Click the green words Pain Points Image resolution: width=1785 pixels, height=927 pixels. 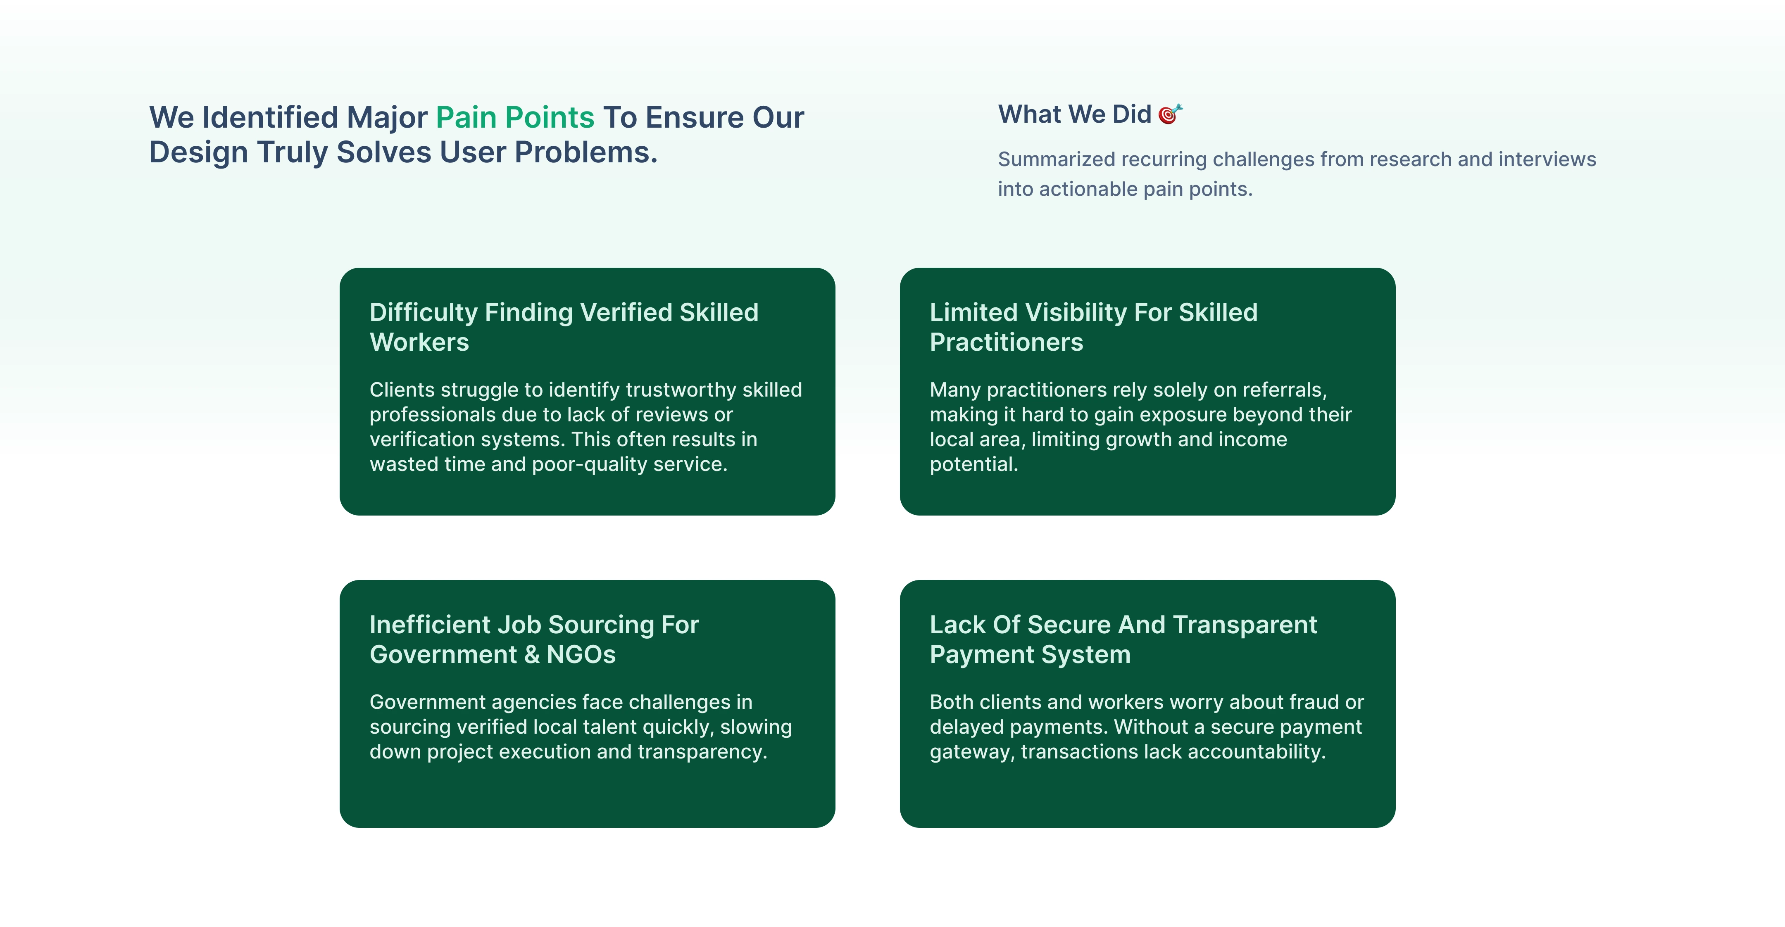515,118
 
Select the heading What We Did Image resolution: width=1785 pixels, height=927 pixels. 1075,114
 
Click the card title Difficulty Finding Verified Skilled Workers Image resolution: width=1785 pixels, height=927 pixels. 564,327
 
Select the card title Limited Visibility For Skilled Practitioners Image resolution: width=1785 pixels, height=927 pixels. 1093,327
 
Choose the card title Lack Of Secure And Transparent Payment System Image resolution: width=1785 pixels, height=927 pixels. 1123,639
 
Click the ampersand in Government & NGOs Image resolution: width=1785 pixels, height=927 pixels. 531,655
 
